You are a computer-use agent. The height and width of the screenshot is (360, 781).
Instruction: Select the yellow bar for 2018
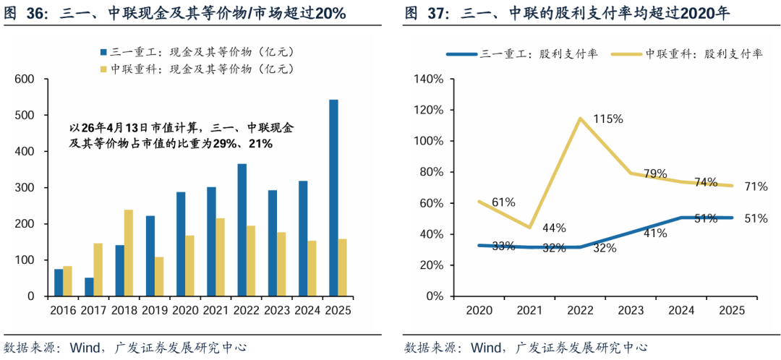(x=128, y=253)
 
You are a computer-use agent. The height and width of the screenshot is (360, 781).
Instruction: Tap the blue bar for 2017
(x=89, y=287)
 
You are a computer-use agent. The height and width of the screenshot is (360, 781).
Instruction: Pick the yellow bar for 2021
(x=220, y=257)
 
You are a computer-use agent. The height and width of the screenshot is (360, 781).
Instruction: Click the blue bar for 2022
(x=242, y=230)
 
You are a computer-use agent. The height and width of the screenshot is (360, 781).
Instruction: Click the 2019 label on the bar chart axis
(x=154, y=310)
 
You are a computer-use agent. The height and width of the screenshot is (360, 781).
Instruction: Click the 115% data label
(x=608, y=119)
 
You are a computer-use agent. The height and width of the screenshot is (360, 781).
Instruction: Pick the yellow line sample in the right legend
(x=626, y=54)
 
